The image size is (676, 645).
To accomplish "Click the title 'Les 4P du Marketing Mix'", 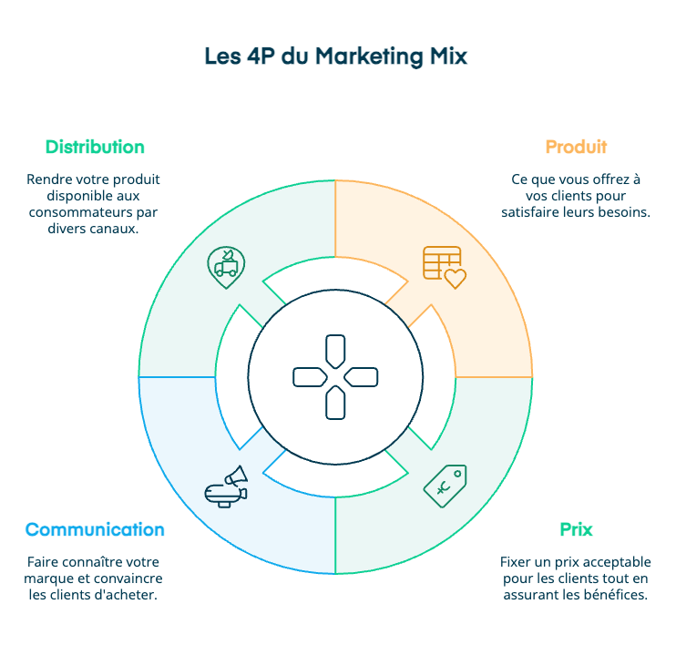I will [x=336, y=56].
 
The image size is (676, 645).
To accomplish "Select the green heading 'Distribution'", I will [x=95, y=147].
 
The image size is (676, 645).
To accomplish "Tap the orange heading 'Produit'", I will [x=576, y=147].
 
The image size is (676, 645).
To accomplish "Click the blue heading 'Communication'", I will [x=95, y=529].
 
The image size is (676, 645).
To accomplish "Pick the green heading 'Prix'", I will [x=576, y=529].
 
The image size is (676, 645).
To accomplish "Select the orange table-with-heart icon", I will [x=444, y=266].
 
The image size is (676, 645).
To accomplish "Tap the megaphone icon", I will [x=227, y=487].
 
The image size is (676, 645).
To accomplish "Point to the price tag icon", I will [x=445, y=486].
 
